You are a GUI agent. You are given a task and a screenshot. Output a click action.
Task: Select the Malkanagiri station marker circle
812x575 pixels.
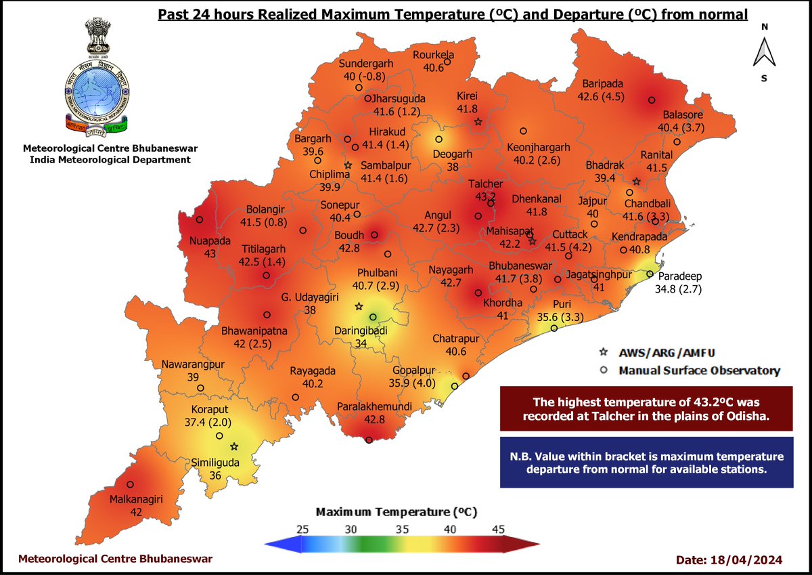coord(130,484)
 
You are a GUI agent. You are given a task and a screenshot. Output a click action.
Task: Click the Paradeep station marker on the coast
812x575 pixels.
coord(650,274)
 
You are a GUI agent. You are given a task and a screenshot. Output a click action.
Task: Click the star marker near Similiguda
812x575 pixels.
coord(234,446)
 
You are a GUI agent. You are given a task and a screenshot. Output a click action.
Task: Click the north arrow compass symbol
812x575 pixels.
coord(764,52)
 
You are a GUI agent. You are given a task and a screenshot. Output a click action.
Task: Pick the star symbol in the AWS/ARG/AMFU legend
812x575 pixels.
coord(604,354)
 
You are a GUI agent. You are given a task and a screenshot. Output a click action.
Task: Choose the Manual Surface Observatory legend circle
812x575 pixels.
coord(604,370)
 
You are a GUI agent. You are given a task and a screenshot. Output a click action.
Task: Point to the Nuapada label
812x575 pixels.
coord(211,241)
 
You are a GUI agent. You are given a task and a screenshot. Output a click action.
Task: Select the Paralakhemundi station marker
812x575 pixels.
coord(369,440)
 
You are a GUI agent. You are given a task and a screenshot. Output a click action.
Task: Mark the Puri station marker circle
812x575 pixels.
coord(554,328)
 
